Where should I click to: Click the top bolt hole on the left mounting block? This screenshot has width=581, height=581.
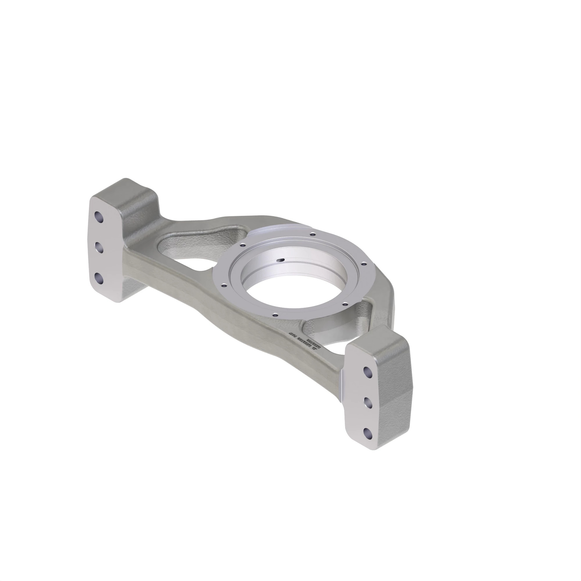pyautogui.click(x=99, y=216)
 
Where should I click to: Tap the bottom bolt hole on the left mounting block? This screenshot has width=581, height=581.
pyautogui.click(x=99, y=279)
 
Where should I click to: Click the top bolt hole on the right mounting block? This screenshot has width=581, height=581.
pyautogui.click(x=367, y=372)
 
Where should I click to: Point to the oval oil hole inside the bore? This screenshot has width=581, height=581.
pyautogui.click(x=281, y=260)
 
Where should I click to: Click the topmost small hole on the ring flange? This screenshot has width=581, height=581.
pyautogui.click(x=313, y=234)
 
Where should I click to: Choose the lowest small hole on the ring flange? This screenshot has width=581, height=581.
pyautogui.click(x=275, y=315)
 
